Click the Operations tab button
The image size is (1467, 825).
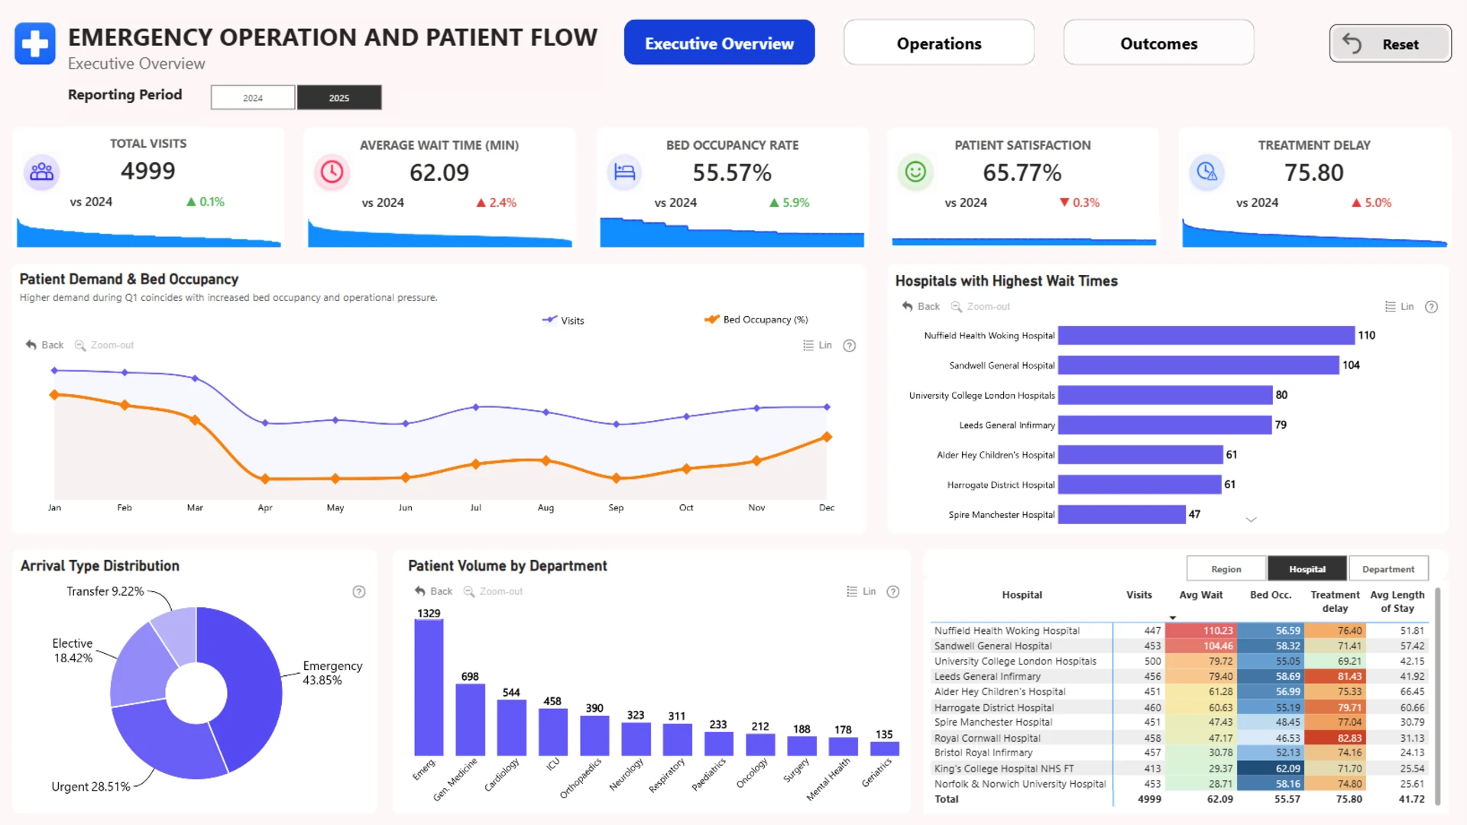tap(939, 44)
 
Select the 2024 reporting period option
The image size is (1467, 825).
tap(253, 98)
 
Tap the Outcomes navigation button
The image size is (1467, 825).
tap(1158, 44)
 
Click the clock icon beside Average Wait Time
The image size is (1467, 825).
tap(332, 172)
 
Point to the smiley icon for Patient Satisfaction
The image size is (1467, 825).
tap(915, 172)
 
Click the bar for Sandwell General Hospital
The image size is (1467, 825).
tap(1198, 365)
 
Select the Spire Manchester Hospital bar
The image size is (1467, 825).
tap(1122, 515)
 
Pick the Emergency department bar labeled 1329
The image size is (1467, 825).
tap(429, 687)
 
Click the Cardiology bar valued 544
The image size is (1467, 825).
tap(511, 727)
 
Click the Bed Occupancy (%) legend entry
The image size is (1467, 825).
tap(756, 320)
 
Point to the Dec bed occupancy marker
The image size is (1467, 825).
tap(827, 437)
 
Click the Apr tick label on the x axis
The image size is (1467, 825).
tap(265, 508)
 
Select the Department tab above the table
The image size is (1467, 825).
tap(1388, 569)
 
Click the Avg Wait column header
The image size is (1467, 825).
tap(1200, 595)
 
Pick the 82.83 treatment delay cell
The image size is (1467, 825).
tap(1335, 738)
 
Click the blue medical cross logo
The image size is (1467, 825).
tap(35, 44)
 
